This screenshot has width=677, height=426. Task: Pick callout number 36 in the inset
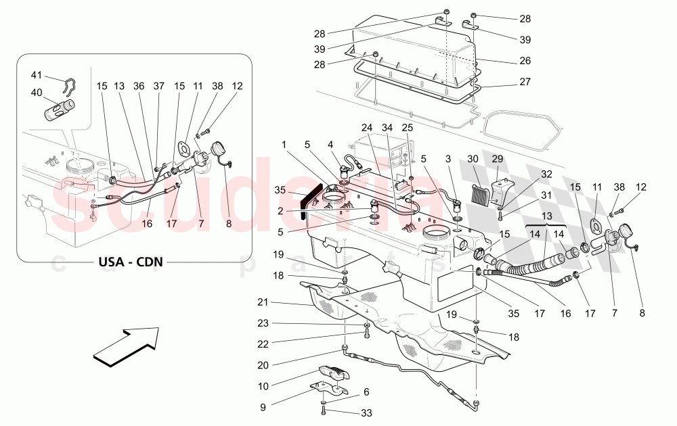(x=139, y=86)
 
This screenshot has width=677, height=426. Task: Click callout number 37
(x=158, y=86)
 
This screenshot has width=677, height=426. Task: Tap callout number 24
(x=366, y=127)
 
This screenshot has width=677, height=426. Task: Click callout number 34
(x=387, y=127)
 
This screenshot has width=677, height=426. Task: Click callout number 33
(x=366, y=412)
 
